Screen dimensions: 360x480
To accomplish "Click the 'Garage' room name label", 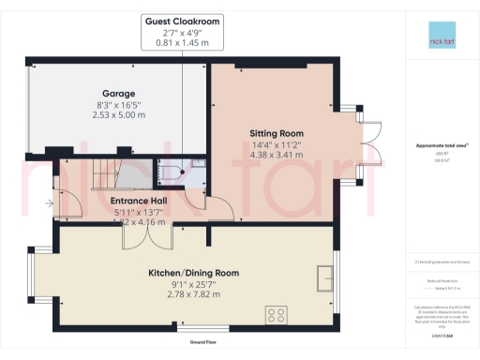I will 120,94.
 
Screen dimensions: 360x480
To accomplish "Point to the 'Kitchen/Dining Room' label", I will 194,273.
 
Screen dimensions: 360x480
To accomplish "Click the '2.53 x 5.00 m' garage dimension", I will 120,115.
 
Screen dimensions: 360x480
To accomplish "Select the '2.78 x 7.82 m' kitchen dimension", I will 194,294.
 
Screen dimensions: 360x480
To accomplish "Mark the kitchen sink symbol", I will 325,277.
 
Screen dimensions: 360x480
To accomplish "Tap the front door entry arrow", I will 47,201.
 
